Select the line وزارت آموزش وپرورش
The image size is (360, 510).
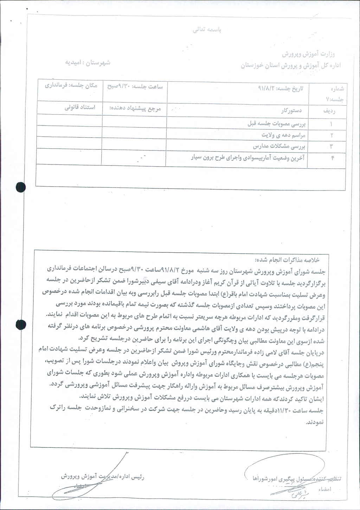(309, 54)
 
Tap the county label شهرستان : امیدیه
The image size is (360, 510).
(88, 62)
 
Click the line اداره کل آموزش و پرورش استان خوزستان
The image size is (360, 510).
(290, 65)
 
